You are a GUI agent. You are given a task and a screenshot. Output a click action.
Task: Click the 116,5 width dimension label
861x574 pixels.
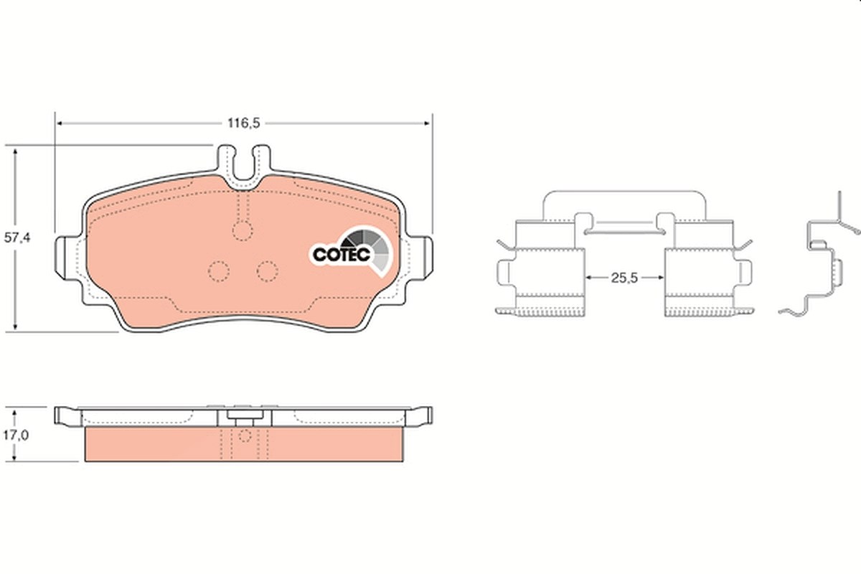[244, 123]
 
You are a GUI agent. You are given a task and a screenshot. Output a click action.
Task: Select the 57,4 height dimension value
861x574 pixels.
[17, 237]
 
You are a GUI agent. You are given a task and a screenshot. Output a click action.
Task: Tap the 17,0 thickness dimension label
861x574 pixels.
[16, 436]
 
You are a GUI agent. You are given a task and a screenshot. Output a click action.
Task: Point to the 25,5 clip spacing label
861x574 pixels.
[624, 278]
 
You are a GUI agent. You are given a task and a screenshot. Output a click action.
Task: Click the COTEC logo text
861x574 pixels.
[342, 255]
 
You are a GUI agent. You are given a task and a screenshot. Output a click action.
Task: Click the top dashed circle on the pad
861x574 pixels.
[243, 231]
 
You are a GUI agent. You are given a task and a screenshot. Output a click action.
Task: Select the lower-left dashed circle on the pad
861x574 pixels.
[219, 271]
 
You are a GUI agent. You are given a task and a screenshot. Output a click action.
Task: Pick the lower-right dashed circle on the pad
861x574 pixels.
[268, 271]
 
